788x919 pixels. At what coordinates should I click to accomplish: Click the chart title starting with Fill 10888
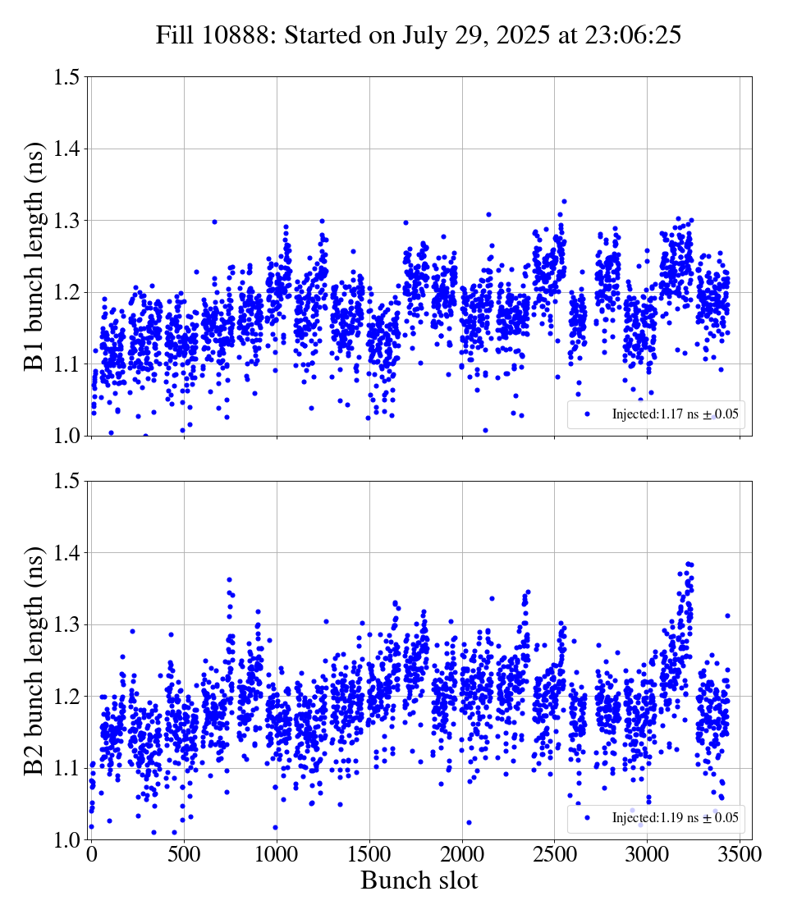click(419, 35)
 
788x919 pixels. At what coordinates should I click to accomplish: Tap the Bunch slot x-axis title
click(419, 880)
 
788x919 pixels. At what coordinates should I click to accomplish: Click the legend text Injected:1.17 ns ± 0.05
click(675, 414)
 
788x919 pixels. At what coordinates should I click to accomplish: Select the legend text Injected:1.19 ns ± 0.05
click(675, 818)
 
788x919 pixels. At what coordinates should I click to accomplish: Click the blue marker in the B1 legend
click(587, 414)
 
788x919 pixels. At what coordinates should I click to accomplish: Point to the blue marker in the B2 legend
click(587, 818)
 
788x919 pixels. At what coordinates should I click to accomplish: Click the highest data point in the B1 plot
click(564, 201)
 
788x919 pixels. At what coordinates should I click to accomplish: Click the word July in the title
click(425, 35)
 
